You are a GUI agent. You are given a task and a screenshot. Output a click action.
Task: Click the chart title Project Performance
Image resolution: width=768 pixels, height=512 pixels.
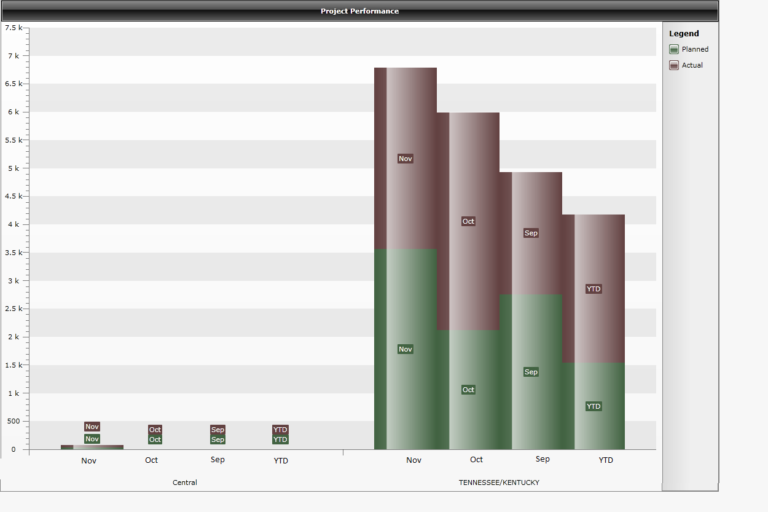(359, 11)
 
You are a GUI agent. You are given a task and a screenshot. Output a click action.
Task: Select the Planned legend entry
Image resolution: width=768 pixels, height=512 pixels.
(694, 49)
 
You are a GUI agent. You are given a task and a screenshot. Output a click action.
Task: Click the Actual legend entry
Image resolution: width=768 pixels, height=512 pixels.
(692, 65)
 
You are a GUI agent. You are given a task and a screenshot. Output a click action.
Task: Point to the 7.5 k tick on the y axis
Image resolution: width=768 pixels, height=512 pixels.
(12, 28)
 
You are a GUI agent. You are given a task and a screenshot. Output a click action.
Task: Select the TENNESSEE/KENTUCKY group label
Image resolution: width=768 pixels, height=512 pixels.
(499, 482)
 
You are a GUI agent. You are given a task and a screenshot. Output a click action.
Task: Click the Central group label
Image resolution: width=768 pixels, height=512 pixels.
(184, 482)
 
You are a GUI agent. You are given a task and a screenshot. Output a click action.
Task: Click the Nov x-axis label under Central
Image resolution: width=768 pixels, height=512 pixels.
(88, 460)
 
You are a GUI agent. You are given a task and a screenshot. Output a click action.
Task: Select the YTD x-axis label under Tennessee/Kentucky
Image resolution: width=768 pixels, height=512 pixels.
(606, 460)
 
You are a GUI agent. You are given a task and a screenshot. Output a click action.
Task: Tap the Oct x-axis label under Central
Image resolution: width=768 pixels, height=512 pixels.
(151, 460)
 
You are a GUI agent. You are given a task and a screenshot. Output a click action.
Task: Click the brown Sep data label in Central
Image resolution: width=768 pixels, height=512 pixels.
(217, 430)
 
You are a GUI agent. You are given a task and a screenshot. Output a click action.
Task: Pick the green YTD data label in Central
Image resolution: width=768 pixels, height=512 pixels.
(280, 439)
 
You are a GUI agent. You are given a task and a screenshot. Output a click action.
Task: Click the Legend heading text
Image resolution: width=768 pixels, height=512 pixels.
(684, 34)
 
